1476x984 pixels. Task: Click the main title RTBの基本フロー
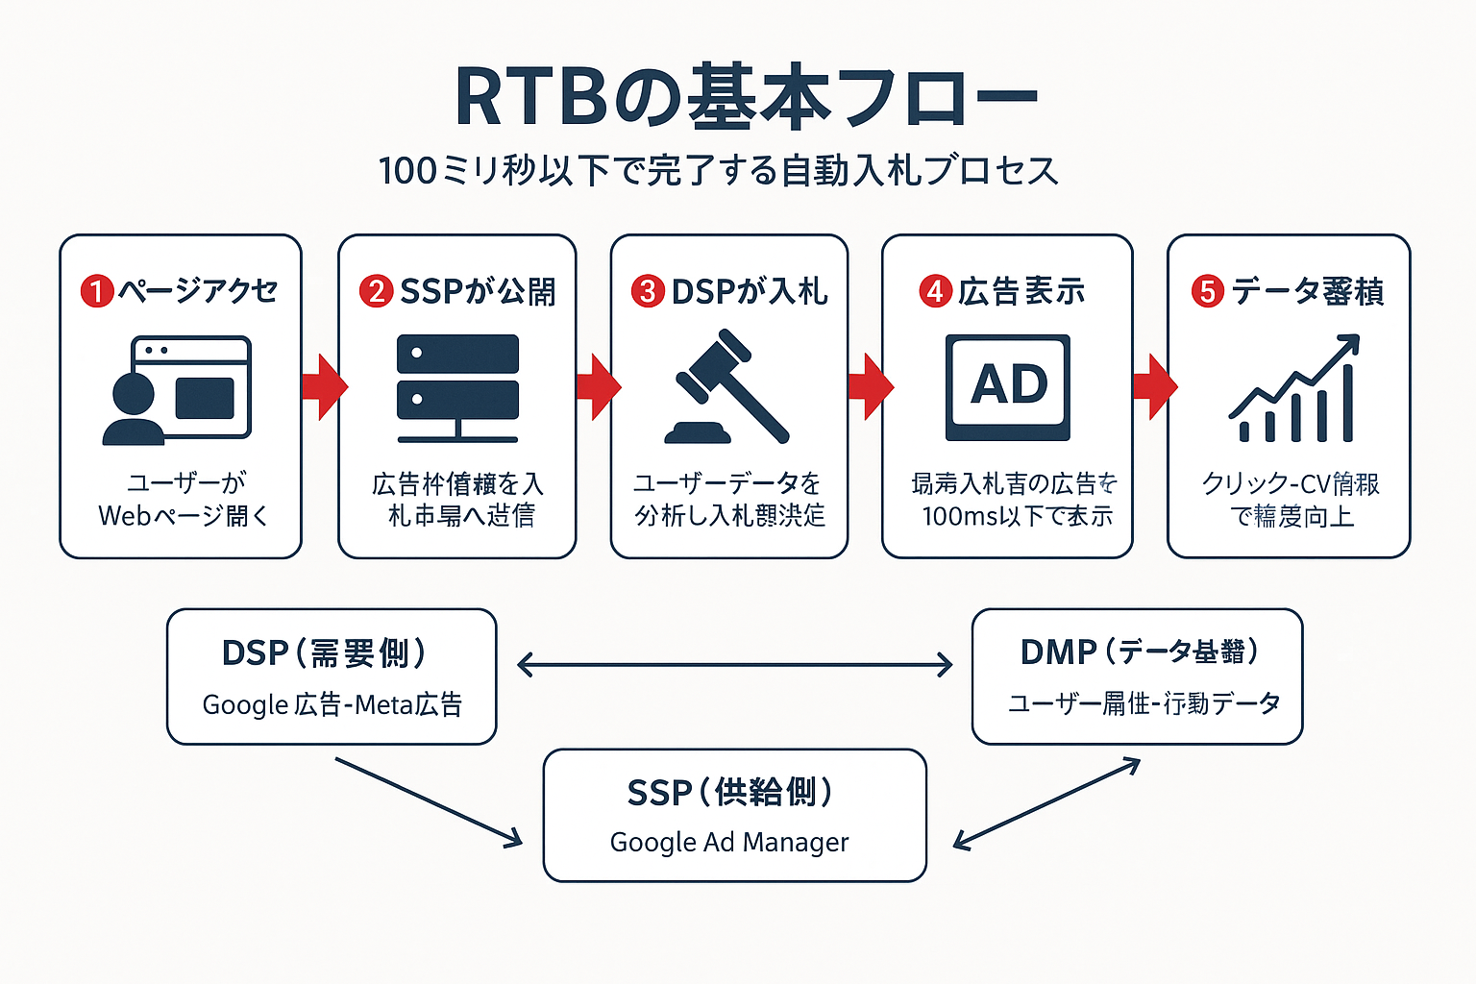(x=746, y=96)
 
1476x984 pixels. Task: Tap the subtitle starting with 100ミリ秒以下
(x=719, y=171)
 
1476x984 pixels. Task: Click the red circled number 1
(x=97, y=290)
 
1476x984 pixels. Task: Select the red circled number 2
(x=376, y=291)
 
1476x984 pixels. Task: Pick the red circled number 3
(x=648, y=291)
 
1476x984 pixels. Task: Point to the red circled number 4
(x=935, y=291)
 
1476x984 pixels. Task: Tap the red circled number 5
(x=1208, y=291)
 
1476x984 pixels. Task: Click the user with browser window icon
(x=177, y=389)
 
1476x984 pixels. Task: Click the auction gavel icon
(x=727, y=387)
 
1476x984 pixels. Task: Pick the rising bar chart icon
(x=1294, y=388)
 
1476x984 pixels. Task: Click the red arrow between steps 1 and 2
(x=324, y=386)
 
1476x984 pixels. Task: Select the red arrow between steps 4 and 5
(x=1154, y=386)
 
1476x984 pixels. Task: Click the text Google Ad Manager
(x=729, y=843)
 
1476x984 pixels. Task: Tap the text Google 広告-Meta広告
(x=332, y=705)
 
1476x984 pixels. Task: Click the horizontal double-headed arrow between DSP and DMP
(x=734, y=664)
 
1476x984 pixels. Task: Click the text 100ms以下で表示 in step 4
(x=1017, y=517)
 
